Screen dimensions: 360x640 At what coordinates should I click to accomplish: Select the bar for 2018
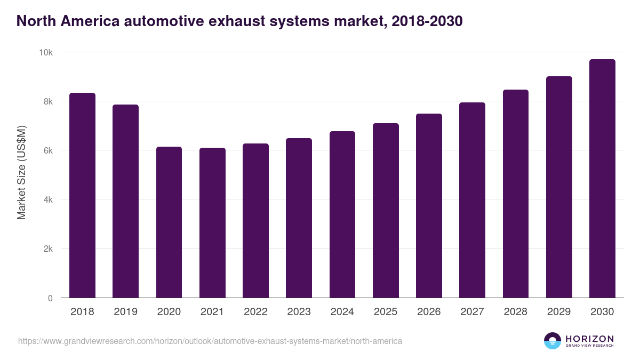click(82, 195)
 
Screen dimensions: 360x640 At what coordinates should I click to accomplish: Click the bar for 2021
click(212, 223)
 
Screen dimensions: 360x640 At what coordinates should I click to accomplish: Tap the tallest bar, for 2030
click(602, 179)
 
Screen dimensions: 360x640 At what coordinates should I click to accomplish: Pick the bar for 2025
click(386, 211)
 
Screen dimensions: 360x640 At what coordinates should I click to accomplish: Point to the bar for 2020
click(169, 222)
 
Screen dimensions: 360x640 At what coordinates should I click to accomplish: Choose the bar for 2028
click(516, 194)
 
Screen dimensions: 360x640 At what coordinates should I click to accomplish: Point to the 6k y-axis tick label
click(47, 151)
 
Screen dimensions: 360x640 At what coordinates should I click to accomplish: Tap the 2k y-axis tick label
click(47, 249)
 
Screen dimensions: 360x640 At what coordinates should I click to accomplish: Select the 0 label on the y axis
click(50, 298)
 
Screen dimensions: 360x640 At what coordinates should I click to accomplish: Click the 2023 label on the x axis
click(299, 312)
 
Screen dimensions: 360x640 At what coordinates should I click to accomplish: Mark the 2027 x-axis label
click(472, 312)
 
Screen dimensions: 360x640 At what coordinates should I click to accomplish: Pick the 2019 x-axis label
click(125, 312)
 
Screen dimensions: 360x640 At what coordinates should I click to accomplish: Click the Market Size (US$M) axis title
click(21, 172)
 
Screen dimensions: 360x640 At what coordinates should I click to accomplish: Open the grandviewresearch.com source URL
click(210, 341)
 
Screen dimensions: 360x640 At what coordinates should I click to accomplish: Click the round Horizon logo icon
click(553, 341)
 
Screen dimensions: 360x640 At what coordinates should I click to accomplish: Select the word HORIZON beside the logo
click(589, 338)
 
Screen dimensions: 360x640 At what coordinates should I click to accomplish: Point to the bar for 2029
click(559, 187)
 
